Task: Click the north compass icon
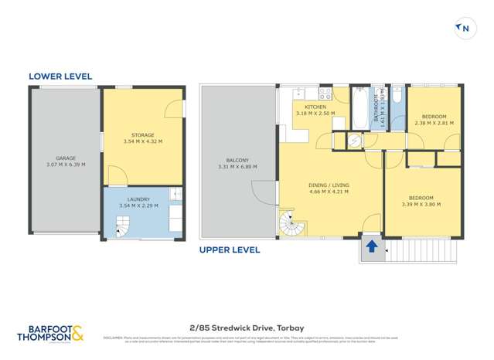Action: coord(464,29)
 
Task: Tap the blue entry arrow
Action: coord(371,247)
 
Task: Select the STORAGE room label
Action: coord(142,135)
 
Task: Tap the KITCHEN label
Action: coord(315,107)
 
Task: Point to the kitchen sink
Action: coord(300,94)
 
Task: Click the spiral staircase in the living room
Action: coord(293,225)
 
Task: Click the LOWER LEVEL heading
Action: coord(60,76)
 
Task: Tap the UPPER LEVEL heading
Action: coord(230,250)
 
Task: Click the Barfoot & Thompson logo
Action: coord(53,333)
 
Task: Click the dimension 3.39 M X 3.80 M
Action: coord(421,205)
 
